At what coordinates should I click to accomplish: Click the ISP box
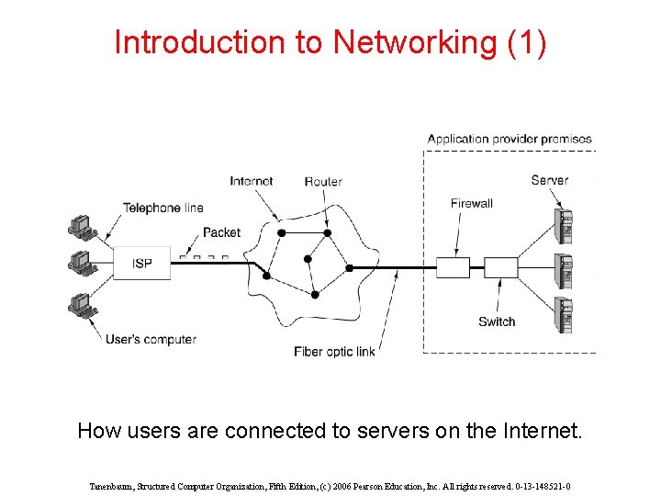[x=141, y=263]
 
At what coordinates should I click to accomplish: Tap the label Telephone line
[x=163, y=208]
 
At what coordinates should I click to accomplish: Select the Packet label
[x=221, y=232]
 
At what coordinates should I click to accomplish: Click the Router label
[x=323, y=181]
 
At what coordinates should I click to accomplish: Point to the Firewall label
[x=472, y=203]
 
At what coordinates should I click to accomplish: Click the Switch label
[x=497, y=321]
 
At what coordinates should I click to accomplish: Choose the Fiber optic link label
[x=334, y=352]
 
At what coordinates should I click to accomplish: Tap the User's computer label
[x=151, y=339]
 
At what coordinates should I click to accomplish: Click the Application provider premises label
[x=510, y=139]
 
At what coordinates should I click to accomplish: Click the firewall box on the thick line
[x=453, y=267]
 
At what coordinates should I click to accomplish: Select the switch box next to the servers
[x=500, y=267]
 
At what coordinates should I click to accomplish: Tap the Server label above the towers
[x=549, y=180]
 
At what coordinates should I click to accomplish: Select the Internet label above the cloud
[x=251, y=181]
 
